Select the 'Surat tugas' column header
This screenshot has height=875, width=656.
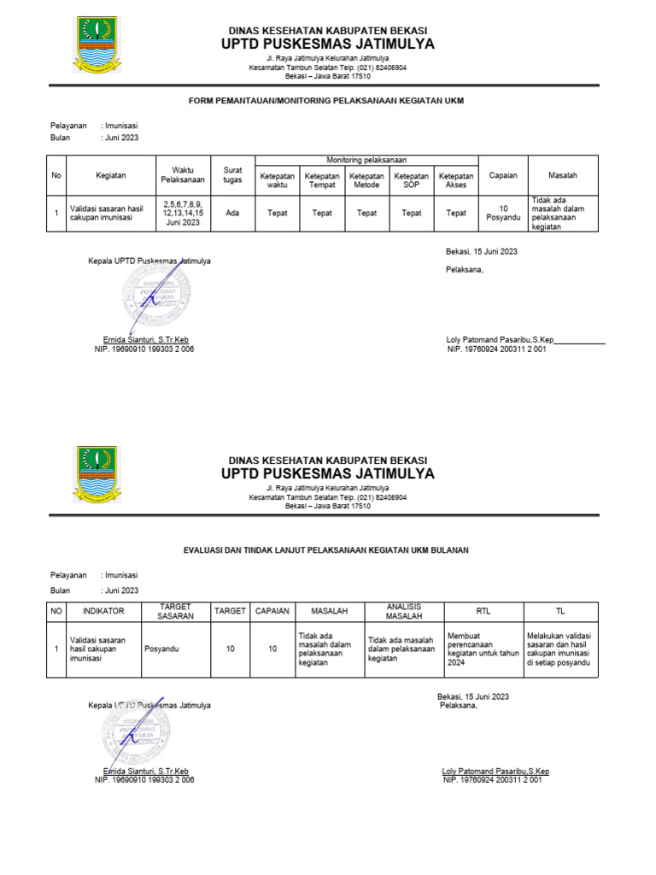232,175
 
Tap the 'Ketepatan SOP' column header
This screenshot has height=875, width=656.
412,179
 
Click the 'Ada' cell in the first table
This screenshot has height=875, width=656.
232,214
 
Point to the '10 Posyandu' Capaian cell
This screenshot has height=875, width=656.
503,214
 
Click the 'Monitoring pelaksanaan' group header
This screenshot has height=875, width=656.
366,161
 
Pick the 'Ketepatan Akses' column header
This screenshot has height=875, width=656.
456,179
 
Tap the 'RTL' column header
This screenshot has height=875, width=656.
483,611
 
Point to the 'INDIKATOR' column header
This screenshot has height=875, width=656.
103,611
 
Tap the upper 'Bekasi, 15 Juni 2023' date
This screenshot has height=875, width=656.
482,252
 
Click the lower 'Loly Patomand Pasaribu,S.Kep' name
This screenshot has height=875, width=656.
495,771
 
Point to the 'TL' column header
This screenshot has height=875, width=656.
561,611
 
